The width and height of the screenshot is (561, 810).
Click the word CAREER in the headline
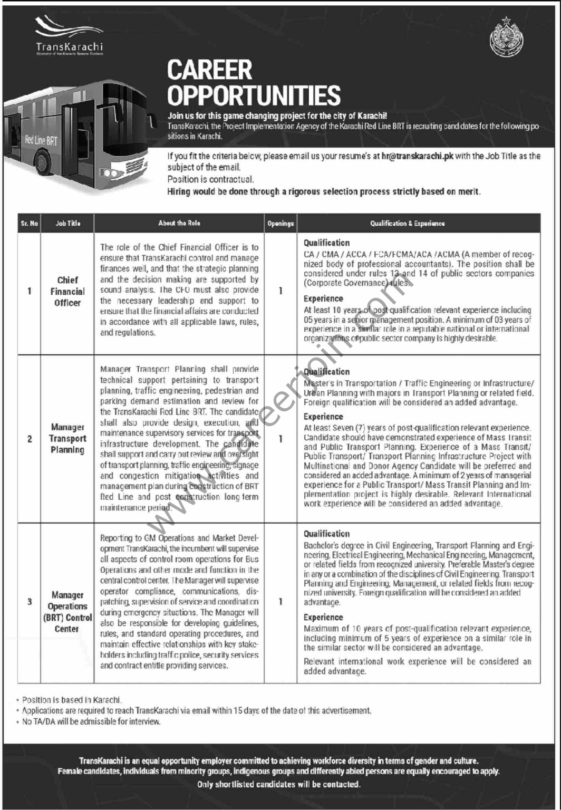click(210, 71)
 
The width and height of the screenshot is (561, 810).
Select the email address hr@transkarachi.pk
click(417, 157)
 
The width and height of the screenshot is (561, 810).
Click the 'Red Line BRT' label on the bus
click(41, 140)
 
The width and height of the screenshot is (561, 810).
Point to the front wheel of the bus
click(44, 163)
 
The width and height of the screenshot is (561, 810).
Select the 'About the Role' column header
click(179, 224)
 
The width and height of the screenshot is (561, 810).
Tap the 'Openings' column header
click(280, 224)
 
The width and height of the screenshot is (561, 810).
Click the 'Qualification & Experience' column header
click(407, 224)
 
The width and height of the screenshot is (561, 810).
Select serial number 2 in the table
click(30, 438)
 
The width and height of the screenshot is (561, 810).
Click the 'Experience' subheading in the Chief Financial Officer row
click(323, 299)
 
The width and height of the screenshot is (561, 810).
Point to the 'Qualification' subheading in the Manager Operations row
click(327, 534)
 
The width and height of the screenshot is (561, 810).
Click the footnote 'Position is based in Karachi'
click(72, 701)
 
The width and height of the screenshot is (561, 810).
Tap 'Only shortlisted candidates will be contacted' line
click(279, 784)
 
